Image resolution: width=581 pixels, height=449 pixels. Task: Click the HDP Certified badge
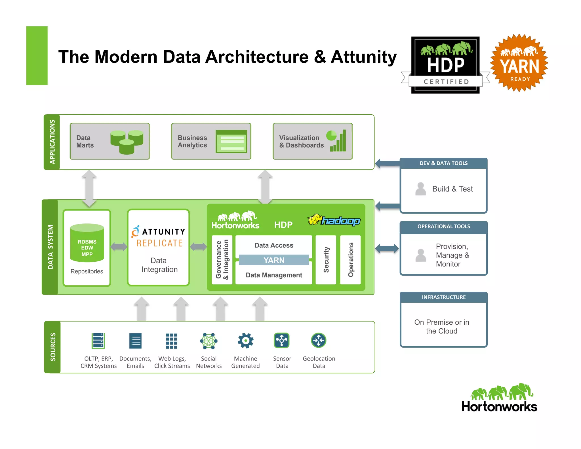point(445,65)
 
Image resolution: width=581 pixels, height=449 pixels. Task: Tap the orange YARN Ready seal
point(519,63)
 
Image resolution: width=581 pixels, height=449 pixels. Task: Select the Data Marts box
point(110,141)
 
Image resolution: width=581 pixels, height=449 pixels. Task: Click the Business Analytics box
point(211,141)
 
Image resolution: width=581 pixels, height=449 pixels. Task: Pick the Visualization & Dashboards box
point(313,141)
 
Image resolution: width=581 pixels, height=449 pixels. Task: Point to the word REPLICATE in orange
point(160,243)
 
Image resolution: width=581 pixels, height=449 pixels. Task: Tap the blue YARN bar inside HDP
point(274,260)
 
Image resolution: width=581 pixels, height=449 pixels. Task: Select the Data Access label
point(274,245)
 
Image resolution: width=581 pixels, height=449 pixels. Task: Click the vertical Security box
point(326,260)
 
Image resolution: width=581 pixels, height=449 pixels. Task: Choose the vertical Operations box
point(351,260)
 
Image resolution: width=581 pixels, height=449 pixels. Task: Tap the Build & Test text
point(452,189)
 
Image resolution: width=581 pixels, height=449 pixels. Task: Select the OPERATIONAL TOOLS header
point(443,226)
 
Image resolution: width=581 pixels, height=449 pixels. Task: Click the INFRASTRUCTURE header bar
point(443,297)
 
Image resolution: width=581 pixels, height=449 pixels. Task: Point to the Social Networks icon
point(209,341)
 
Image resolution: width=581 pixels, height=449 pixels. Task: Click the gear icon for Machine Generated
point(245,341)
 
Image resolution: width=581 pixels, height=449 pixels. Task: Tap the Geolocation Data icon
point(319,340)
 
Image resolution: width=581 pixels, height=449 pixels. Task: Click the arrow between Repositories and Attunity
point(119,247)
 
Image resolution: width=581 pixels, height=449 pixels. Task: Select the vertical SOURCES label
point(53,347)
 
